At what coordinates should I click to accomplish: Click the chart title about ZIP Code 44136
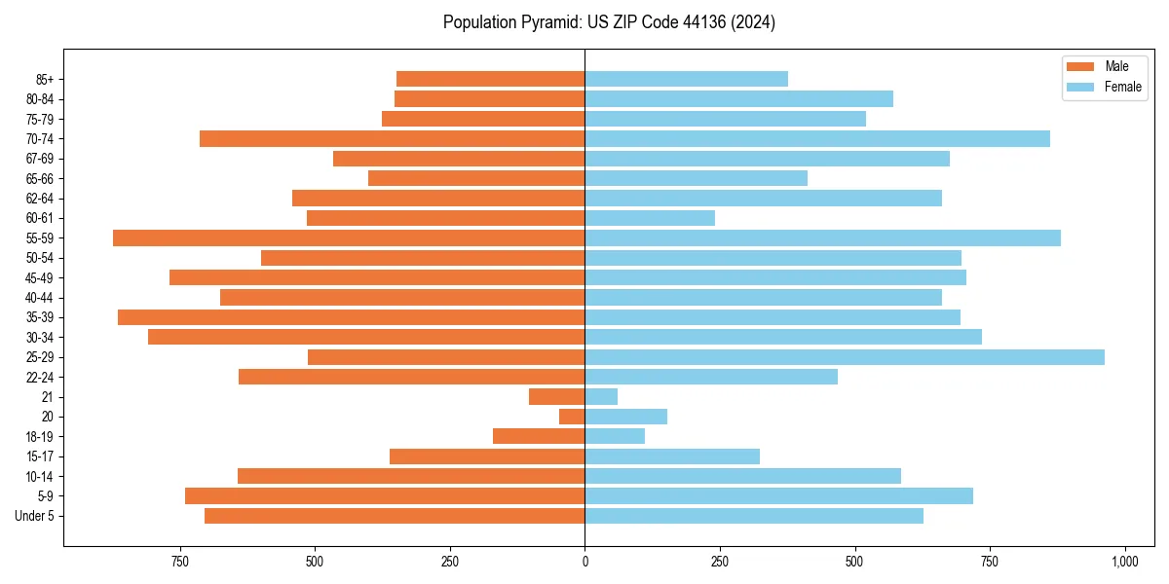click(x=609, y=22)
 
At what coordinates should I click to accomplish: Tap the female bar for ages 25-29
click(x=844, y=357)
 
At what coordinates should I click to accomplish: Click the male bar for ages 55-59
click(x=349, y=238)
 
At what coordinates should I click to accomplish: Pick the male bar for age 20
click(x=572, y=417)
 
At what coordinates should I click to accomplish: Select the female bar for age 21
click(x=601, y=397)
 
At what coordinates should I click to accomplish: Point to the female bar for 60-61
click(x=650, y=218)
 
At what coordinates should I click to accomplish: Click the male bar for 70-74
click(x=392, y=139)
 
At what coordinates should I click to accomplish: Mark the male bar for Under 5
click(x=395, y=516)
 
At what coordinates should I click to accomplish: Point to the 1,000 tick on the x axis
click(x=1124, y=562)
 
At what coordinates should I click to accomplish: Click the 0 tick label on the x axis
click(x=584, y=562)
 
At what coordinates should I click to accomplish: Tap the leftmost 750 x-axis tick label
click(x=179, y=562)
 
